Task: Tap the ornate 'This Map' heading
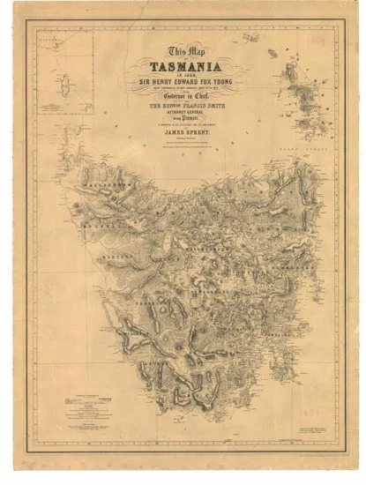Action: [x=183, y=51]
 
